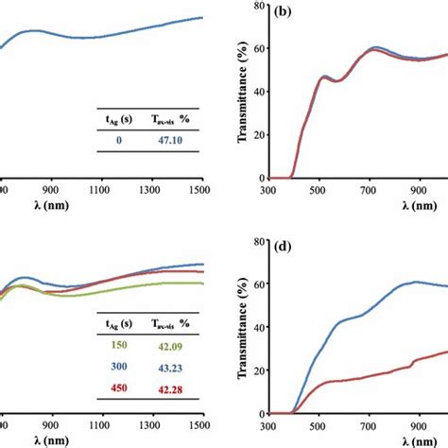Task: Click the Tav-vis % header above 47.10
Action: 172,117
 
